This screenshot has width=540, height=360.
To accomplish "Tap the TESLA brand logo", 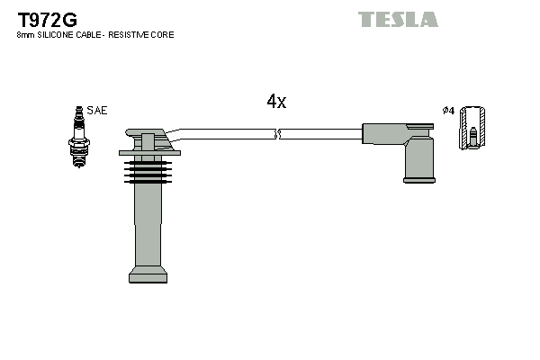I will (x=398, y=19).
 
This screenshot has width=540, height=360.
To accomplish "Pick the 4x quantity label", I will (x=275, y=102).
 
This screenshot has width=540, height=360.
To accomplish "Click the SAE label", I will (x=97, y=110).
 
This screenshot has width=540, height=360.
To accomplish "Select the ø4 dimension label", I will (x=447, y=110).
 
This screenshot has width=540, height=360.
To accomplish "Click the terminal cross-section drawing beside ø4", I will (x=473, y=128).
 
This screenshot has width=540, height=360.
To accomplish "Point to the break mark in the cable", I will (x=278, y=134).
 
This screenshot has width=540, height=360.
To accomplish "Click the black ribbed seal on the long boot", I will (x=147, y=166).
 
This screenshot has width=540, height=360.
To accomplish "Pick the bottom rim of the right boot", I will (x=418, y=180).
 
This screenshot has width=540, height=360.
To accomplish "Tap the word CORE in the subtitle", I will (x=163, y=35).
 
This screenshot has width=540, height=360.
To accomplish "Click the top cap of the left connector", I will (x=146, y=137).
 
